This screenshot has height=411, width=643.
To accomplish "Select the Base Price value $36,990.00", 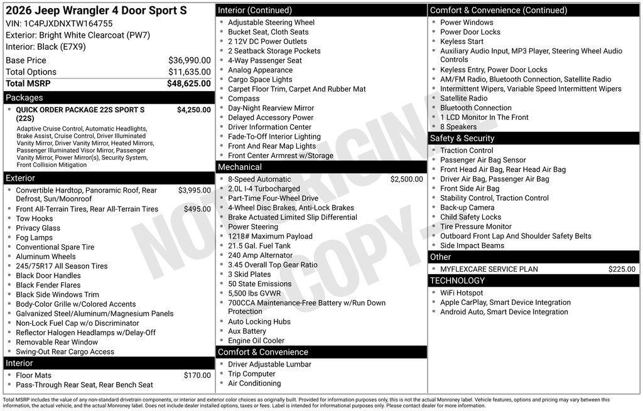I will pos(189,60).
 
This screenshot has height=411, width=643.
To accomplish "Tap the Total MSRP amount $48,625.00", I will pos(188,83).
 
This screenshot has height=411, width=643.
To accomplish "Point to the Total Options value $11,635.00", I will pos(189,72).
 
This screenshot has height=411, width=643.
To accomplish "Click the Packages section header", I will pos(24,97).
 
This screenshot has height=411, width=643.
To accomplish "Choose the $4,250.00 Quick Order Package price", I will pos(193,110).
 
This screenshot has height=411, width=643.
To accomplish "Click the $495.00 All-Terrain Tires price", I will pos(197,209).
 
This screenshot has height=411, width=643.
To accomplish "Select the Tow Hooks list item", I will pos(35,218).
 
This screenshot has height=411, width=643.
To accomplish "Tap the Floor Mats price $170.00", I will pos(197,375).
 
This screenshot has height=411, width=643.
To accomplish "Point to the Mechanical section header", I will pos(239,167).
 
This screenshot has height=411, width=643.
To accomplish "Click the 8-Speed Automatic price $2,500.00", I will pos(406,179).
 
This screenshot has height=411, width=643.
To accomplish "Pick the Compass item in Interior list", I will pos(244,99).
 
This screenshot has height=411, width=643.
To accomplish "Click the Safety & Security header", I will pos(462,138).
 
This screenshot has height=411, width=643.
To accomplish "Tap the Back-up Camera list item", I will pos(467,208).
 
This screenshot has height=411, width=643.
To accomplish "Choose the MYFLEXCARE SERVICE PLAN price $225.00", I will pos(622,269).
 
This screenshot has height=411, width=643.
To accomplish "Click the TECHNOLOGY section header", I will pos(458,280).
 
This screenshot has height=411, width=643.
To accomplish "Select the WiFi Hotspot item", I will pos(462,293).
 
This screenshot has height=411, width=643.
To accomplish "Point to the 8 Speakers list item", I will pos(458,127).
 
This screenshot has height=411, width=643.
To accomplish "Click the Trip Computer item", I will pos(252,374).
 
